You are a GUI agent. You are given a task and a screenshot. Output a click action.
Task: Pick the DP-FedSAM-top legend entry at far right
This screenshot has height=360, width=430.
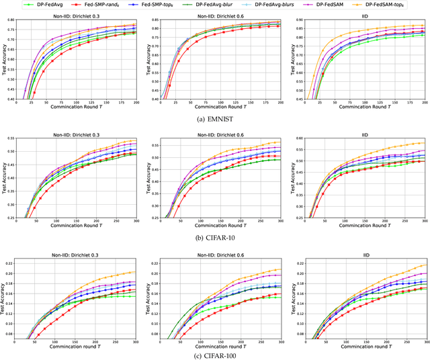(394, 5)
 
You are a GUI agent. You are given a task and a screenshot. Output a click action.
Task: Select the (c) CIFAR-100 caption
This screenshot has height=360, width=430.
(215, 355)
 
